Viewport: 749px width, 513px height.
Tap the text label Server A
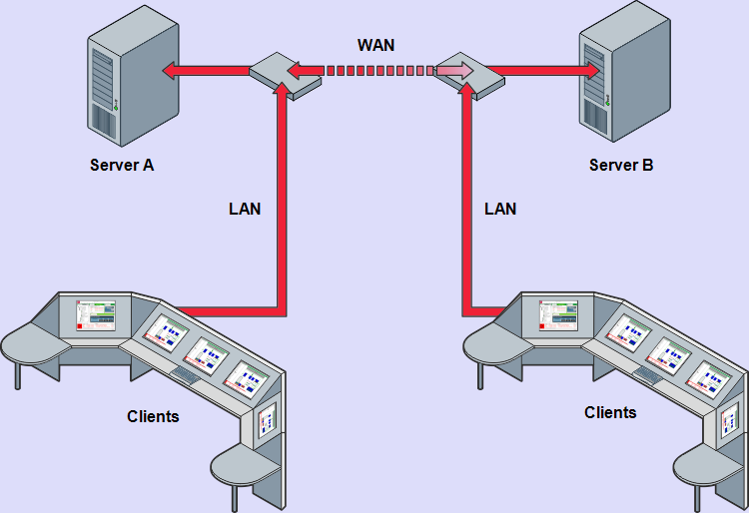tap(122, 165)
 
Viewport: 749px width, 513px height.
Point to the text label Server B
tap(621, 165)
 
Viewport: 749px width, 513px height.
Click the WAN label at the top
tap(376, 46)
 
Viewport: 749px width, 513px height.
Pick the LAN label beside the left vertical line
tap(245, 209)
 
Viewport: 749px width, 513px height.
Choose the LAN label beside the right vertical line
tap(500, 209)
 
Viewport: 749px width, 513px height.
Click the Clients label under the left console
tap(153, 415)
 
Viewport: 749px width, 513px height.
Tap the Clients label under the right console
tap(610, 411)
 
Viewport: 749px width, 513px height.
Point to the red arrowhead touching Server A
tap(171, 71)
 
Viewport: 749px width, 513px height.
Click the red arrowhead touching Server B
tap(593, 71)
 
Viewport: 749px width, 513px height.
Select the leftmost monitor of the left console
tap(96, 315)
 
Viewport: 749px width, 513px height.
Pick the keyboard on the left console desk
tap(185, 374)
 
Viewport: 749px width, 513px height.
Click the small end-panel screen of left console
tap(267, 422)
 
